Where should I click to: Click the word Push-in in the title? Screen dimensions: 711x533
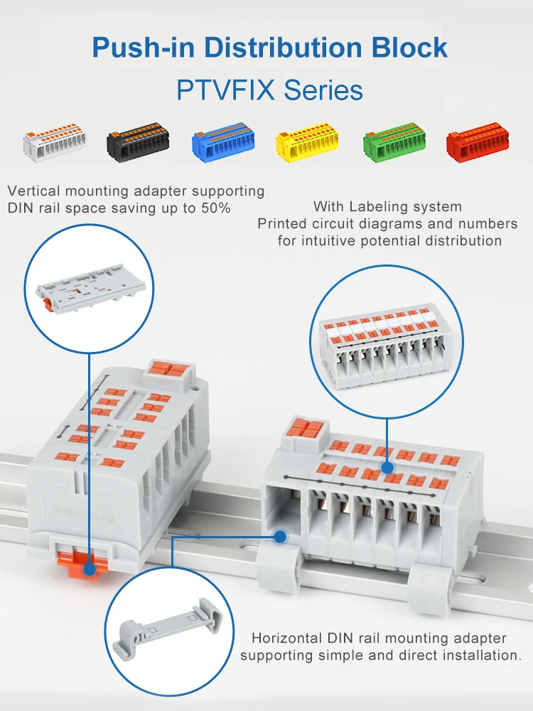click(x=143, y=48)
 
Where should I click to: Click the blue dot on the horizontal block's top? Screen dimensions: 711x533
click(x=387, y=468)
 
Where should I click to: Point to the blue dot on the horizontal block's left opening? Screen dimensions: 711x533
click(x=281, y=538)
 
